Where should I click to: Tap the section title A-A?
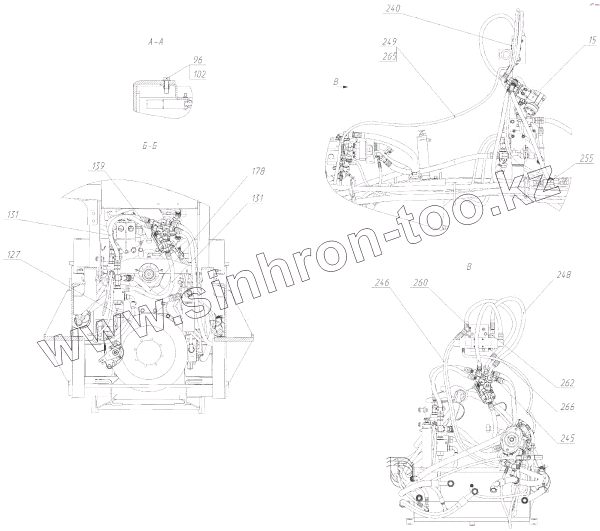point(156,42)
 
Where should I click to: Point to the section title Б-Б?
point(149,146)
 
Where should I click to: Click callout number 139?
point(99,164)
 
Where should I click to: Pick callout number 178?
point(258,171)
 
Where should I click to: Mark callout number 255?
point(587,159)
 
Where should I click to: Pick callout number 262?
point(567,383)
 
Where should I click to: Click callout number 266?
point(567,407)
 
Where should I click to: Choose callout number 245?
point(567,438)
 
